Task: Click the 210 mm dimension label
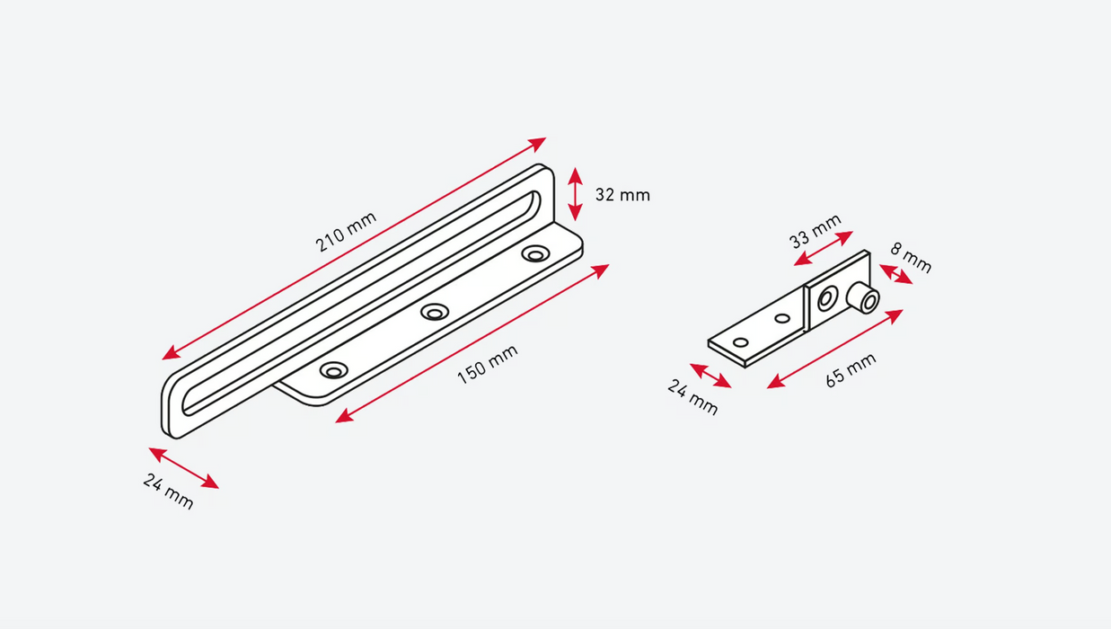(346, 232)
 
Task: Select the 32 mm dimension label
(622, 194)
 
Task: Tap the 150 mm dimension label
(488, 365)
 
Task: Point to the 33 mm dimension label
(816, 231)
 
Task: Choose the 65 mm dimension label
(851, 370)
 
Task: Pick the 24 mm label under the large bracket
(168, 491)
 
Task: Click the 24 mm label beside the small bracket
(692, 397)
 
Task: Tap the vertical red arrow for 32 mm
(576, 194)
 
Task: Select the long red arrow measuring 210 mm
(354, 249)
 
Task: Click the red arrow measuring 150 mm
(472, 343)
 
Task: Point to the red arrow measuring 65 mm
(835, 349)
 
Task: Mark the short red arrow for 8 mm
(895, 274)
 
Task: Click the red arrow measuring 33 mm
(824, 248)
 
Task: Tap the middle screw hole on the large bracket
(436, 312)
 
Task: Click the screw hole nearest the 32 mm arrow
(535, 254)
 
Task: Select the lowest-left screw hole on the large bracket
(333, 370)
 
